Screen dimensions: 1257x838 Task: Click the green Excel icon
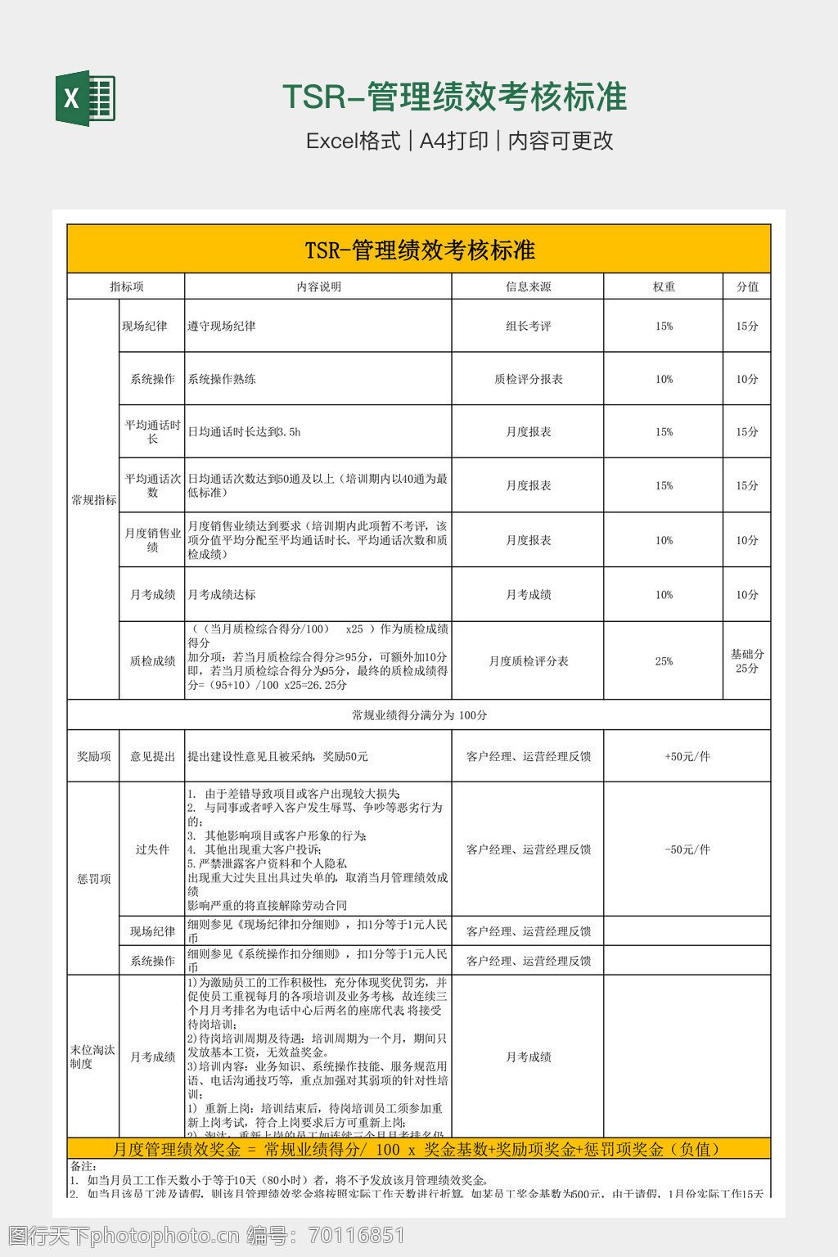(85, 99)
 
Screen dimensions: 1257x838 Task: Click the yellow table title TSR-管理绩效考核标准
(419, 250)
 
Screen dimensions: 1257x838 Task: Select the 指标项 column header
(126, 286)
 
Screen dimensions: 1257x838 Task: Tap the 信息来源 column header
(528, 286)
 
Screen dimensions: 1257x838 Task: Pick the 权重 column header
(664, 286)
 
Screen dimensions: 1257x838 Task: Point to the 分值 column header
(747, 286)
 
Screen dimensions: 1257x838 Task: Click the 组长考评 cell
(528, 326)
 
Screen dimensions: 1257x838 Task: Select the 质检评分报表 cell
(528, 379)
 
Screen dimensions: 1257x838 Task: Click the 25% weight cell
(664, 661)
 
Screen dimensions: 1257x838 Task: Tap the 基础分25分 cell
(747, 661)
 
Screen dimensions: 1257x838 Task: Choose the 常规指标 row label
(93, 499)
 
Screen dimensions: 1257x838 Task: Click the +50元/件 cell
(687, 756)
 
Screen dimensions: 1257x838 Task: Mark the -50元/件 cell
(687, 849)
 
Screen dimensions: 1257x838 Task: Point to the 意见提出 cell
(152, 756)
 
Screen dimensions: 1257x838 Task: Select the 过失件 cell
(152, 849)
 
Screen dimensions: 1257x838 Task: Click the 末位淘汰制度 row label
(92, 1057)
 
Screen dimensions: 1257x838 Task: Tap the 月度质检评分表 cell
(528, 661)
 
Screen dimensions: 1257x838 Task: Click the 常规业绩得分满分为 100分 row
(419, 715)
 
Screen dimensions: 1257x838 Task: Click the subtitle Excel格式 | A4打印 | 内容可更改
(459, 141)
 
